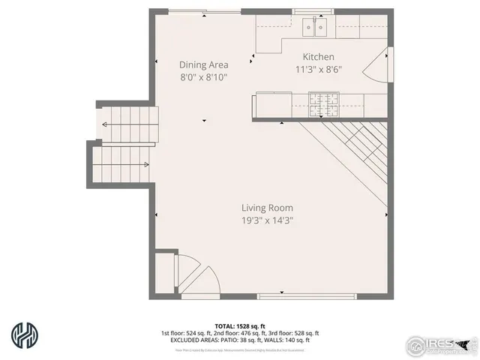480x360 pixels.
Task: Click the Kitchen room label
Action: click(318, 57)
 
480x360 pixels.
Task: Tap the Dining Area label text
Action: click(203, 64)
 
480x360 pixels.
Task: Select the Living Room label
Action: click(267, 208)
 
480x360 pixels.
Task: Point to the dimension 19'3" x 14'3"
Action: click(267, 221)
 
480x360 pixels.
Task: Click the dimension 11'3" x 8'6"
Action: click(318, 70)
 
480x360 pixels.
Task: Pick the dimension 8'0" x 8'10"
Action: click(203, 77)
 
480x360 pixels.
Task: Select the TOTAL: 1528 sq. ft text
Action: click(240, 325)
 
